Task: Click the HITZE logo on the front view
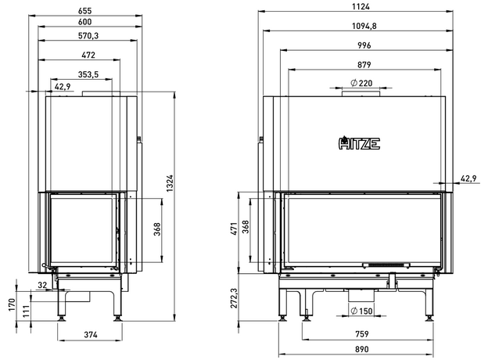coord(359,143)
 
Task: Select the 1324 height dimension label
coord(170,183)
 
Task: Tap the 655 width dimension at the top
coord(84,11)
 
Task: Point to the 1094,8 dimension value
coord(364,26)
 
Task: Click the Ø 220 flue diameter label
coord(361,83)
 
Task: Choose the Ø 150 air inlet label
coord(361,311)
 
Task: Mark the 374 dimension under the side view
coord(91,335)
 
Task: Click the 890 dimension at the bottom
coord(361,349)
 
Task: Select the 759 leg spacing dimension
coord(361,334)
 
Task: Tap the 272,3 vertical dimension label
coord(234,298)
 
